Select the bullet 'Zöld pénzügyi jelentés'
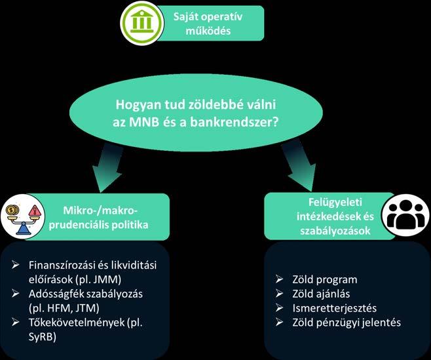click(339, 322)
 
